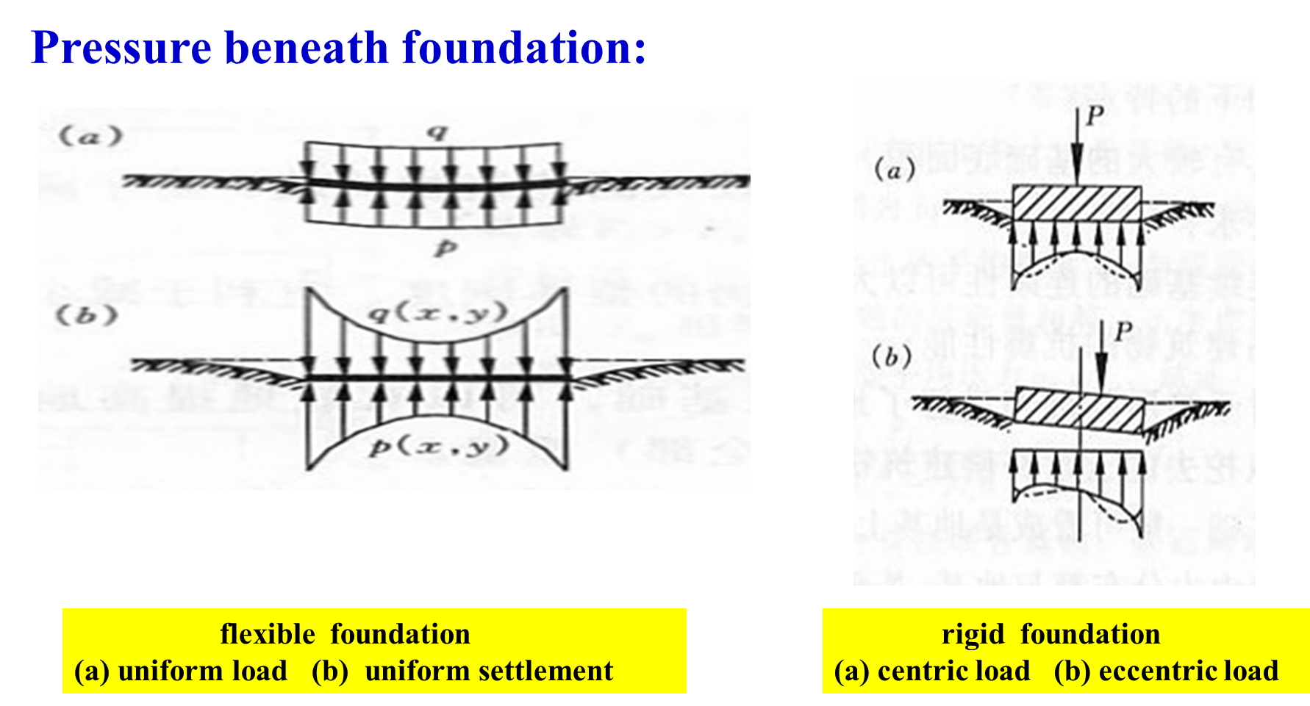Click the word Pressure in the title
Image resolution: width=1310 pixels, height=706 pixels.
pos(121,48)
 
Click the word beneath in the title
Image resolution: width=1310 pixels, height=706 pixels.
pos(306,48)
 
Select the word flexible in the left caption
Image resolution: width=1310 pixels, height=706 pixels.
pos(268,634)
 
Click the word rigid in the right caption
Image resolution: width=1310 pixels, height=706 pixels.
pos(973,634)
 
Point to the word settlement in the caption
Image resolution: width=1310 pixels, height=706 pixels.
pos(489,671)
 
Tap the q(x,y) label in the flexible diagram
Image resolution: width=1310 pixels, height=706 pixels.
pos(437,314)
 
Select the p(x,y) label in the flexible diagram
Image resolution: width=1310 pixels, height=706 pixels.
pos(438,446)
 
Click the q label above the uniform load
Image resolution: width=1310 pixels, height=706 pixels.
pos(438,132)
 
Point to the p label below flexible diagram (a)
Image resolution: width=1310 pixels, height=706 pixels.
pos(443,248)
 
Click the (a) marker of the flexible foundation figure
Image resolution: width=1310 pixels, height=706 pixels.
pos(90,137)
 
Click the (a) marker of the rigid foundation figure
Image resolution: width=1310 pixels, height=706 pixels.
pos(895,170)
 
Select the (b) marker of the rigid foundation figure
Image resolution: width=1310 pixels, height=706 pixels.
pos(892,357)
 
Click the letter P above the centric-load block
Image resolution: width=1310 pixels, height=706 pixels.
pos(1095,116)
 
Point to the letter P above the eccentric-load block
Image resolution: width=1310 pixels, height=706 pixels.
pos(1122,332)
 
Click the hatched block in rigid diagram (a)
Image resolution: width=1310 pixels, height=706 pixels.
pos(1077,203)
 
